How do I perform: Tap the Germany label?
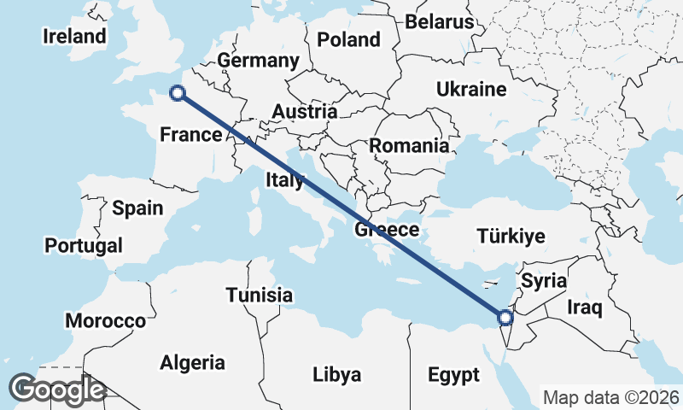pos(258,61)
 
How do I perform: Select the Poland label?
pos(348,39)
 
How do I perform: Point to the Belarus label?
pos(439,21)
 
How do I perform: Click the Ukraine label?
pos(471,90)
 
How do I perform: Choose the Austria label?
pos(305,112)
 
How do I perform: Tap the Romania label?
pos(409,146)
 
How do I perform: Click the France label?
pos(191,134)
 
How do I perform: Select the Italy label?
pos(285,180)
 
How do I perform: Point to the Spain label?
pos(137,208)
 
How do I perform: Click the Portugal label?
pos(84,246)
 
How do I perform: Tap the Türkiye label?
pos(511,237)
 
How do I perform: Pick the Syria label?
pos(544,279)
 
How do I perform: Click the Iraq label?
pos(586,307)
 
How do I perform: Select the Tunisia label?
pos(260,296)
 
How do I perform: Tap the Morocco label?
pos(107,321)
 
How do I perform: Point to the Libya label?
pos(336,374)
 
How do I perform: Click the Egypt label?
pos(454,374)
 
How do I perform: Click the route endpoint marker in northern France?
pos(177,94)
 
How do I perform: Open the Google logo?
pos(57,390)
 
